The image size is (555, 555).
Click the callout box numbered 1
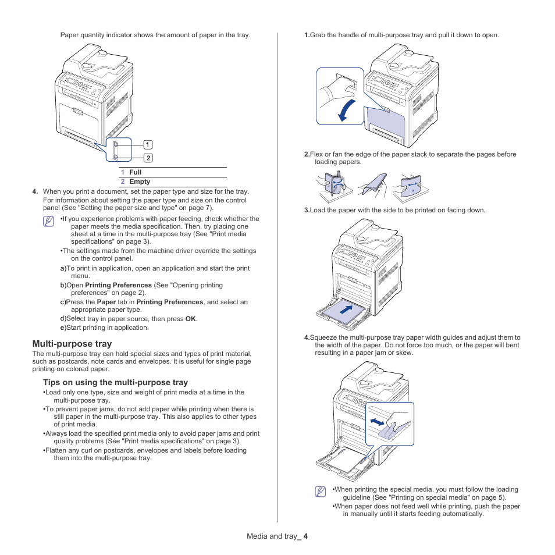(x=148, y=144)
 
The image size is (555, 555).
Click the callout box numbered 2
(x=148, y=158)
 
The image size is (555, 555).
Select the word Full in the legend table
(x=136, y=172)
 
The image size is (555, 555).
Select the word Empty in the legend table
(x=140, y=182)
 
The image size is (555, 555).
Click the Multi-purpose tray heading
(x=72, y=344)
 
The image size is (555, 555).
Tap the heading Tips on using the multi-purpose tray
(x=115, y=382)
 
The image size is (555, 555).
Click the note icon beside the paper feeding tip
(x=49, y=221)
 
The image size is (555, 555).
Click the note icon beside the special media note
(x=320, y=492)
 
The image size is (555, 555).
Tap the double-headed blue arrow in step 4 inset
(x=378, y=420)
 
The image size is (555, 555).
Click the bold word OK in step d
(x=190, y=319)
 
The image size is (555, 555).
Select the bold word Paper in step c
(x=106, y=302)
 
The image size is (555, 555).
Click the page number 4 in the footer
(x=305, y=536)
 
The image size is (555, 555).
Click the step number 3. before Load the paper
(x=307, y=210)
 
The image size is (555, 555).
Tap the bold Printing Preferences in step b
(x=119, y=285)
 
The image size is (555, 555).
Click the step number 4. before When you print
(x=35, y=191)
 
